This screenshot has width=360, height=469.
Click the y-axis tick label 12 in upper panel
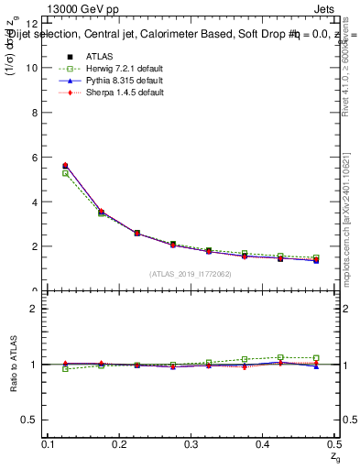tap(32, 24)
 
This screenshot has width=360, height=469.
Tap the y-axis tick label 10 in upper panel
tap(32, 68)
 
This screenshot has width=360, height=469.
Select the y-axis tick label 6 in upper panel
tap(35, 158)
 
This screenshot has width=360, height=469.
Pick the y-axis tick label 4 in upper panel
tap(35, 202)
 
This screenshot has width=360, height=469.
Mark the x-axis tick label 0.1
tap(47, 442)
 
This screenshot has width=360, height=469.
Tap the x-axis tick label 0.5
tap(332, 442)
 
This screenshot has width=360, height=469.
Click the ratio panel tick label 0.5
tap(30, 420)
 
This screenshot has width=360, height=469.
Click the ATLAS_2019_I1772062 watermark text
tap(190, 274)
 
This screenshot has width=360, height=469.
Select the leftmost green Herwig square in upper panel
tap(65, 173)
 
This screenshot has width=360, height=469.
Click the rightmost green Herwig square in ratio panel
tap(316, 358)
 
